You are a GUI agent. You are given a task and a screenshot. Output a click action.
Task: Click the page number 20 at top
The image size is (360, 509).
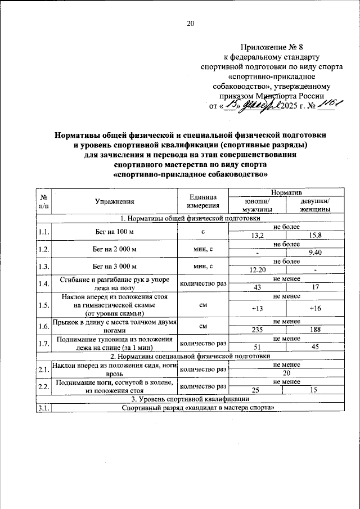pos(190,24)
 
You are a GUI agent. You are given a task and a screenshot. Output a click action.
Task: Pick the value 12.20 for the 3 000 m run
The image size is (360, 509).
pos(256,271)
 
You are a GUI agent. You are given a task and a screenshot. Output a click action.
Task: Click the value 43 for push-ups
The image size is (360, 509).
pos(256,288)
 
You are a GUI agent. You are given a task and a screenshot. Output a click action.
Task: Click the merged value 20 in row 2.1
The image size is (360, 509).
pos(286,373)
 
